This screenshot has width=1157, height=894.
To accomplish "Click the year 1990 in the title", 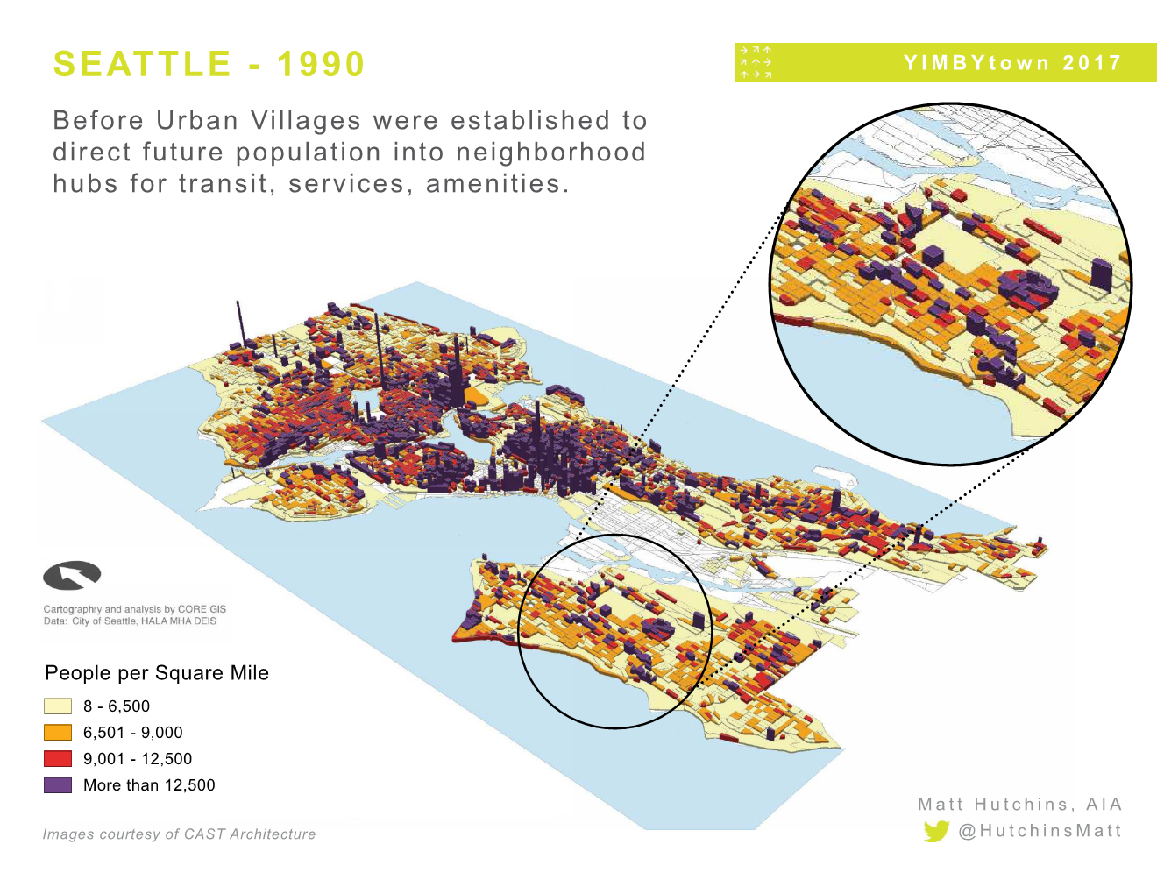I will [x=320, y=64].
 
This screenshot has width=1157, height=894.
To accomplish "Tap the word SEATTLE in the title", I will [x=142, y=64].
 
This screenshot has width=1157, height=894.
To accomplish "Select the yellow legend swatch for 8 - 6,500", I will [x=58, y=706].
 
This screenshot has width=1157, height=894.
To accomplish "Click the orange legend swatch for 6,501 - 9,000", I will [x=58, y=733].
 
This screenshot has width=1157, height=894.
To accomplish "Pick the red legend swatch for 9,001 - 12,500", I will [x=58, y=759].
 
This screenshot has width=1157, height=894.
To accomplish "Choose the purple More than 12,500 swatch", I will [x=58, y=785].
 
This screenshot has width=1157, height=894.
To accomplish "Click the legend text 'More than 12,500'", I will [x=149, y=785].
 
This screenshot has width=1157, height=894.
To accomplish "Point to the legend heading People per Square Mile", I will [x=157, y=673].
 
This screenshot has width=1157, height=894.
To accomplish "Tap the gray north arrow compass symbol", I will [x=72, y=576].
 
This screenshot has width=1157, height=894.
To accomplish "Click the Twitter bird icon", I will [x=936, y=831].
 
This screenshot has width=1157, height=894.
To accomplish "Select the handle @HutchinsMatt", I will [x=1040, y=831].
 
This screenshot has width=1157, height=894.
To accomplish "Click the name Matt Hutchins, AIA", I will [x=1019, y=805].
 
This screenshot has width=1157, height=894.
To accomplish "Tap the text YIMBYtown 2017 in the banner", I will [x=1012, y=63].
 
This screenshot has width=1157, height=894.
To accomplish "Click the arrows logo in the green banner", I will [x=755, y=62].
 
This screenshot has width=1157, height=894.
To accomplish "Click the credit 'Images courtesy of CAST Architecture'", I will [x=179, y=834].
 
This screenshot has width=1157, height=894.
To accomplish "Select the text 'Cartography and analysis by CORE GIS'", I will [x=135, y=609].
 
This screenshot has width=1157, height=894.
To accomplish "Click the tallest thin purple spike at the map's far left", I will [x=239, y=324].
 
